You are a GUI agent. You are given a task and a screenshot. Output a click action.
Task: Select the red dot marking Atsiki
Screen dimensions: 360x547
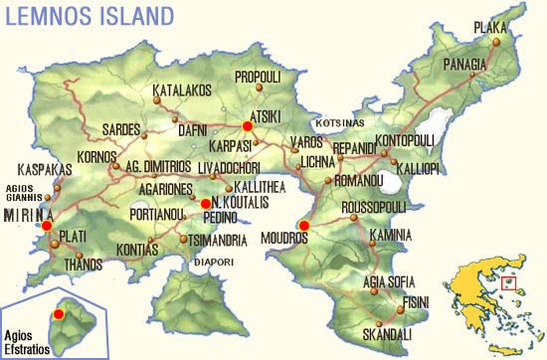click(x=248, y=126)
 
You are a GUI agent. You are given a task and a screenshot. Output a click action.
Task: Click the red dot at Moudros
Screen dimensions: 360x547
click(x=304, y=226)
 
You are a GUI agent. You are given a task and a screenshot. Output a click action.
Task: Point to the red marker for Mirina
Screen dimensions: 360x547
click(x=46, y=226)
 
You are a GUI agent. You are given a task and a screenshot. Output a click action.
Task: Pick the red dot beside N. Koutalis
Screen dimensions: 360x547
click(x=205, y=203)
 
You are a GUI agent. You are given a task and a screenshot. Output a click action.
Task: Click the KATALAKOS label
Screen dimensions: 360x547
click(x=183, y=90)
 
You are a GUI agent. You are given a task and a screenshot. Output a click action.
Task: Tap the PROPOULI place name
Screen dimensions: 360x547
click(x=262, y=76)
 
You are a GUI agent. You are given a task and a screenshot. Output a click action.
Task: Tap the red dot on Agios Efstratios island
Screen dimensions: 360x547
click(x=59, y=314)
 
